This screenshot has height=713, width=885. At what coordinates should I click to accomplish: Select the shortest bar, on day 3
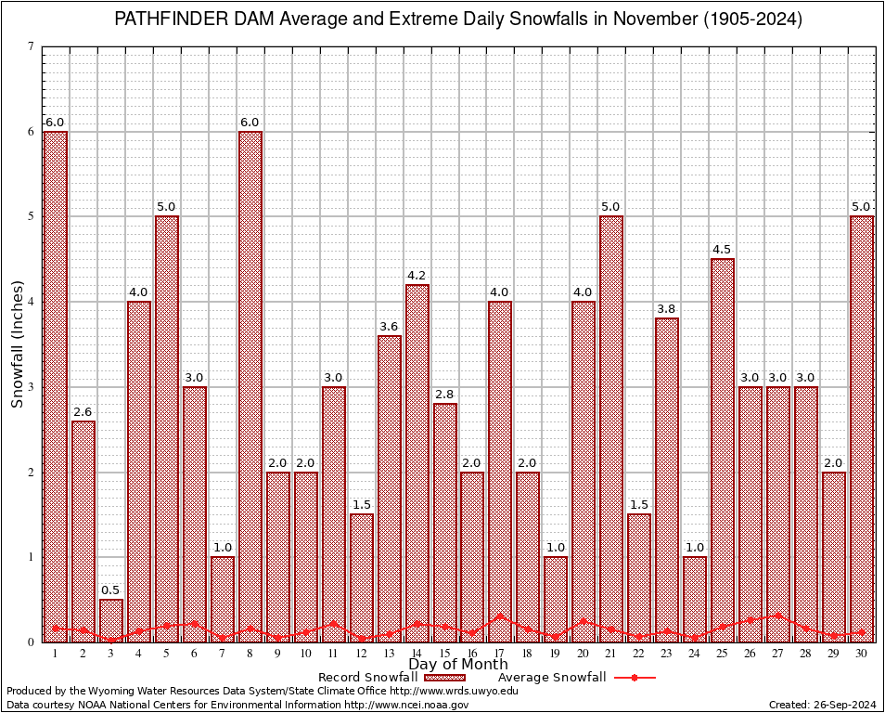coord(111,620)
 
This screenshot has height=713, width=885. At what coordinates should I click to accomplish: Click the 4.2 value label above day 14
coord(417,276)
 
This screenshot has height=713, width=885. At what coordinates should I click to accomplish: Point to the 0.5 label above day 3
coord(111,590)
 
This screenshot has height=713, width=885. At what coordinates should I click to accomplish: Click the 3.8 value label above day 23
coord(667,309)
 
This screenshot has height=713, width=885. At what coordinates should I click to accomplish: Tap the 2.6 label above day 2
coord(83,412)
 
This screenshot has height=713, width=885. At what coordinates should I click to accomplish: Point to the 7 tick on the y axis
coord(31,47)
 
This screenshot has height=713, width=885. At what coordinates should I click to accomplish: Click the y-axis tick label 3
coord(31,387)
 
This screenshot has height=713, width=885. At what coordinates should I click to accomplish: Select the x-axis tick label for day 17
coord(500,654)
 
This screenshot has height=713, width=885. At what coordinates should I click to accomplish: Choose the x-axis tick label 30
coord(861,654)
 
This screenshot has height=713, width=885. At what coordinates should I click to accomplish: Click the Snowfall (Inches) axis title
coord(18,344)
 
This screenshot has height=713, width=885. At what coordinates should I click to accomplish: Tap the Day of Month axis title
coord(457,665)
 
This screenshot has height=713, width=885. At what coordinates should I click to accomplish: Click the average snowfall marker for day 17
coord(500,616)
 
